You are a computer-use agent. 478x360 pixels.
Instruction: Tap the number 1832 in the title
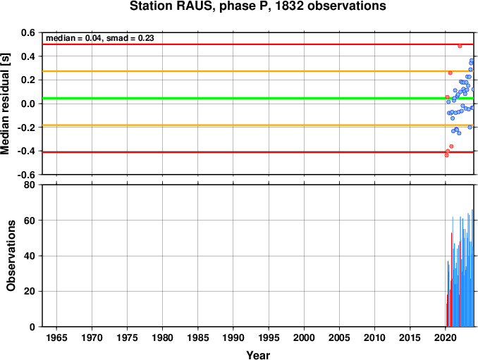(289, 6)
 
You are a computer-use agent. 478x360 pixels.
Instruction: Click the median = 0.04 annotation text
(73, 38)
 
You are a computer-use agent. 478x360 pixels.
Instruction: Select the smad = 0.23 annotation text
(130, 38)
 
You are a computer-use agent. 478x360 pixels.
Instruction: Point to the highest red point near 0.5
(460, 46)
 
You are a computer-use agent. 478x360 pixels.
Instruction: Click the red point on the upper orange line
(451, 73)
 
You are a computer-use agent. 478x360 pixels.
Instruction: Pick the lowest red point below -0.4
(446, 155)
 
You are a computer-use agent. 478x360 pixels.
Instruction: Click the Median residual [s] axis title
(6, 104)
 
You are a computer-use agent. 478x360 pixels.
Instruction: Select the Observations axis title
(11, 256)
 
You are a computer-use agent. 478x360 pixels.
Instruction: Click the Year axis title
(258, 355)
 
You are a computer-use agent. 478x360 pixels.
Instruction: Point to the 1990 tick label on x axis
(233, 337)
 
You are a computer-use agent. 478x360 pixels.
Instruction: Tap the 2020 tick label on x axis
(446, 337)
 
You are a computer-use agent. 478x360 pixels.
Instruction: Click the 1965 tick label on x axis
(56, 337)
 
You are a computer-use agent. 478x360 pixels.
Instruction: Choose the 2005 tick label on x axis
(339, 337)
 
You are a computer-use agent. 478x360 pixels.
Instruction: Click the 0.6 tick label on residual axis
(27, 32)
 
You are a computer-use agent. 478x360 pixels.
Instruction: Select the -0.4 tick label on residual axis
(26, 151)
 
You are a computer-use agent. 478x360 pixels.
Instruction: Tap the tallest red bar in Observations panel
(451, 280)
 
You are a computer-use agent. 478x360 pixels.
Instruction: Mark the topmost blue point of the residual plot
(472, 61)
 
